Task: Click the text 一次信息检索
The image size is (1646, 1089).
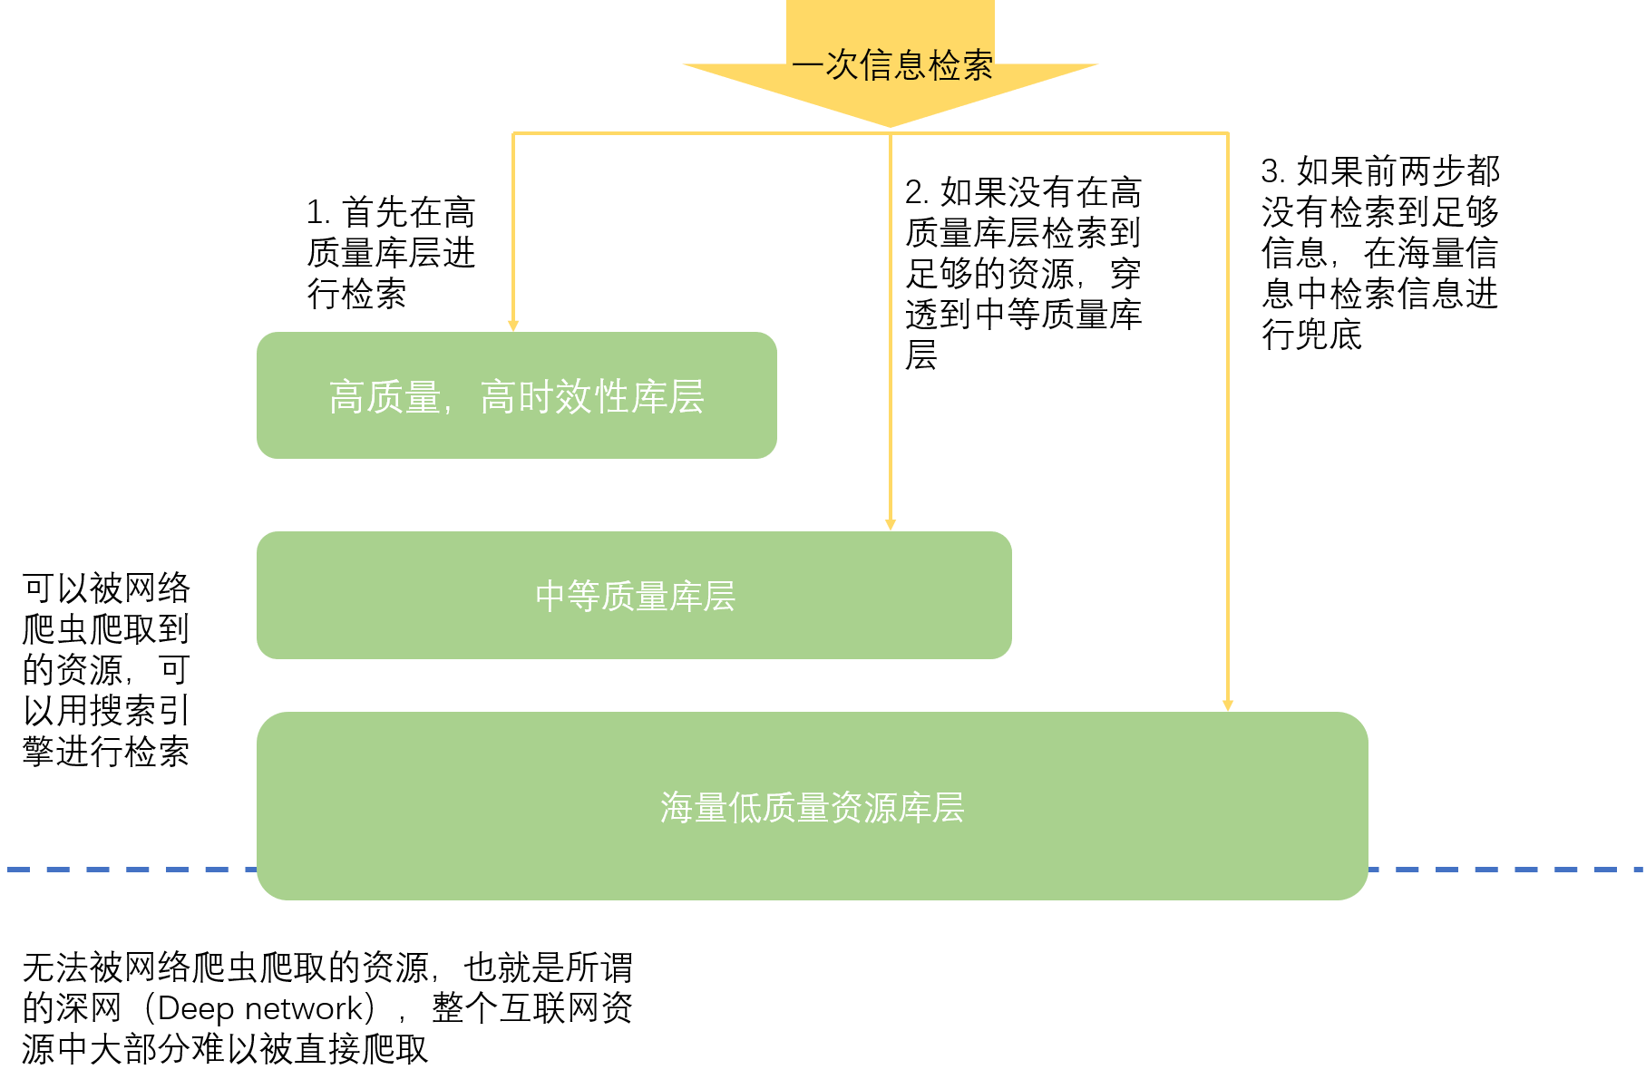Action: [892, 65]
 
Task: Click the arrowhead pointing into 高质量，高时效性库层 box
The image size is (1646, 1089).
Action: [513, 326]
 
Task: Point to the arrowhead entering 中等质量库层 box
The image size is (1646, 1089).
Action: [891, 525]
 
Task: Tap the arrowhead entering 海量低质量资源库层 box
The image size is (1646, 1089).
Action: [1228, 705]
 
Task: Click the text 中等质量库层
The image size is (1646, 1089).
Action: [635, 596]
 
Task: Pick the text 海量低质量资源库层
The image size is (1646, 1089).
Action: [812, 807]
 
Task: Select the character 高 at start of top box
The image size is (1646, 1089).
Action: [346, 397]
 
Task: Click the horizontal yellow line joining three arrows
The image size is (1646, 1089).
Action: [698, 133]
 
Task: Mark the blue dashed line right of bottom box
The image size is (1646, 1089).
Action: [1505, 870]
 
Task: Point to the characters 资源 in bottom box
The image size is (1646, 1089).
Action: [863, 807]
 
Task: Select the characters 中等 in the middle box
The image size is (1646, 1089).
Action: [568, 596]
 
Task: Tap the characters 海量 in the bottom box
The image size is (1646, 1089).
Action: [694, 807]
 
